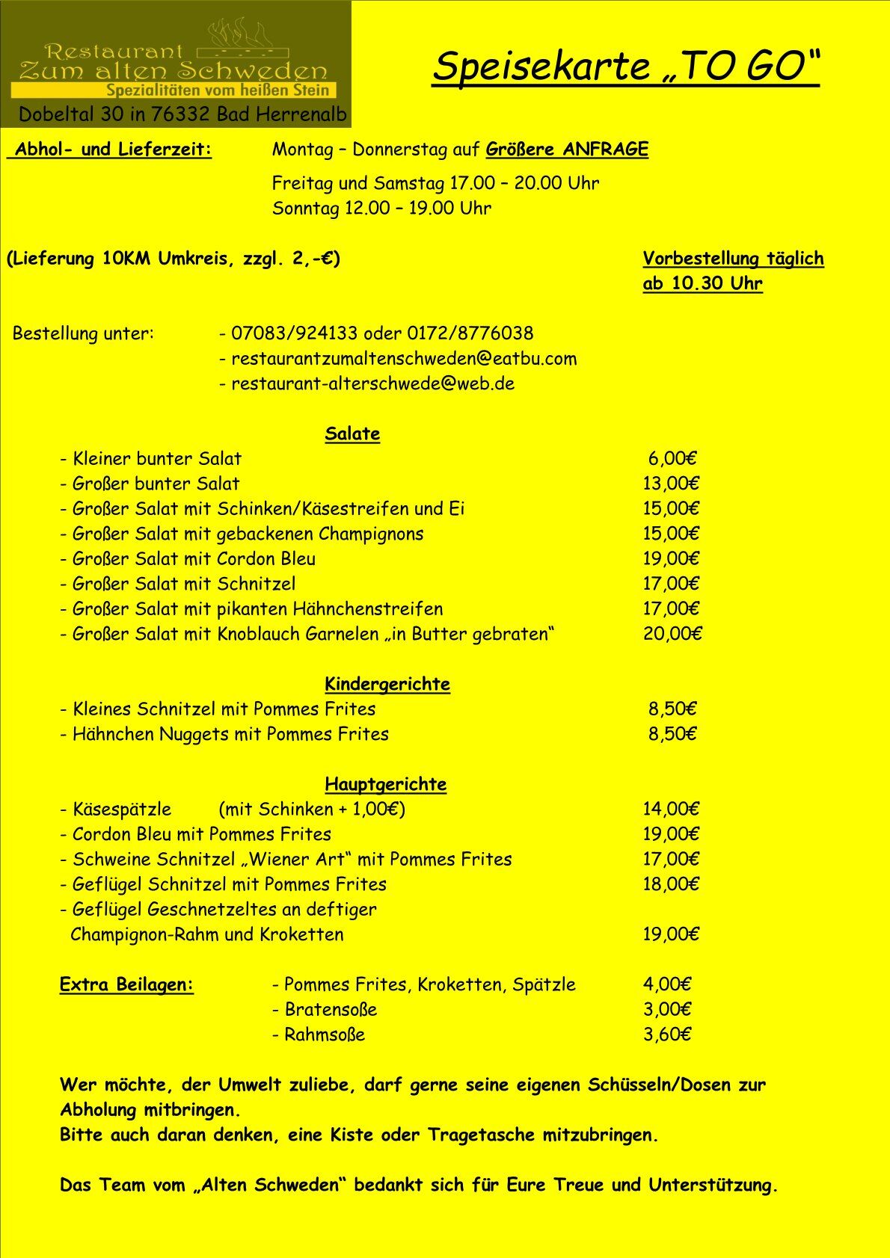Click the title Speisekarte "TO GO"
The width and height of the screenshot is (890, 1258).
pyautogui.click(x=626, y=67)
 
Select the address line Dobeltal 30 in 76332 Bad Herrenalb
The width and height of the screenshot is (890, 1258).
pyautogui.click(x=182, y=114)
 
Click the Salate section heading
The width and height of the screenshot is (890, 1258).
pyautogui.click(x=352, y=434)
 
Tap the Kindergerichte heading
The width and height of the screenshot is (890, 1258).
pyautogui.click(x=387, y=684)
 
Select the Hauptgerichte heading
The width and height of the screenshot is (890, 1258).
pyautogui.click(x=385, y=784)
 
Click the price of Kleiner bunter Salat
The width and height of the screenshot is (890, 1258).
pyautogui.click(x=672, y=459)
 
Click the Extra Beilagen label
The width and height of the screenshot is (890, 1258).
pyautogui.click(x=126, y=984)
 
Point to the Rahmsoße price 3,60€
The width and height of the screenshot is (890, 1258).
pyautogui.click(x=666, y=1035)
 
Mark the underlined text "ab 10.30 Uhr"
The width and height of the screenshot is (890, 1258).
pyautogui.click(x=702, y=284)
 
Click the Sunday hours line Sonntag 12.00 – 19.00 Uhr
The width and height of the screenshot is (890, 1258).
pyautogui.click(x=381, y=209)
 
